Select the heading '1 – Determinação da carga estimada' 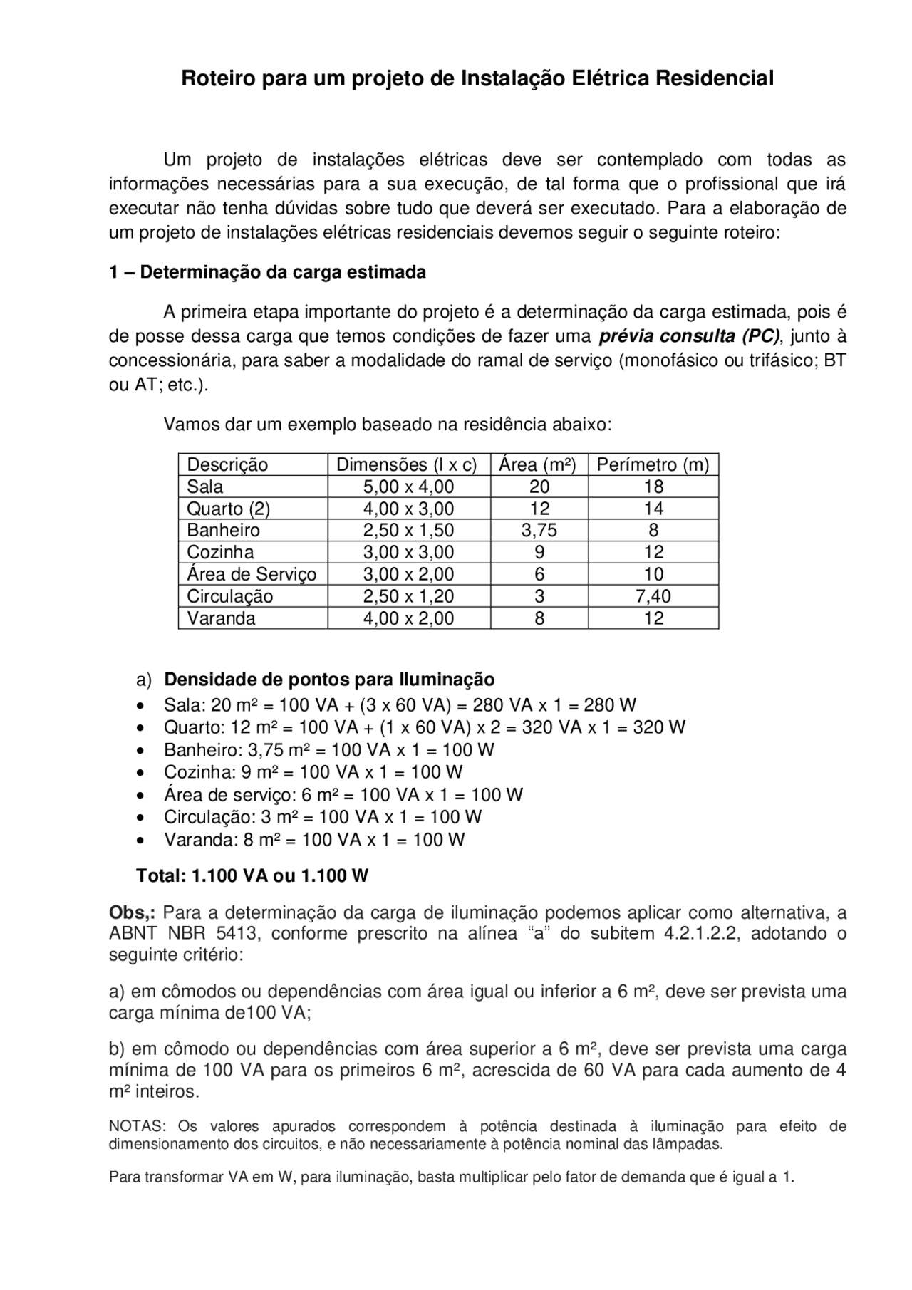pos(267,273)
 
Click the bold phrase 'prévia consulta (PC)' pos(689,336)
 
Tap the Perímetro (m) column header pos(653,465)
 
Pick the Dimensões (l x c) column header pos(407,465)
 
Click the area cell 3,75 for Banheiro pos(539,531)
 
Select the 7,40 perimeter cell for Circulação pos(653,596)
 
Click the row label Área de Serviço pos(252,574)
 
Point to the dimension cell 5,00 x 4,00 pos(408,487)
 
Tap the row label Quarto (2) pos(228,509)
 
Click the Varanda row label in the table pos(221,618)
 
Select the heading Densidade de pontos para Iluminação pos(329,680)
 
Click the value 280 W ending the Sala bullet pos(610,706)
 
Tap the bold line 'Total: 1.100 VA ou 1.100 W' pos(252,876)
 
